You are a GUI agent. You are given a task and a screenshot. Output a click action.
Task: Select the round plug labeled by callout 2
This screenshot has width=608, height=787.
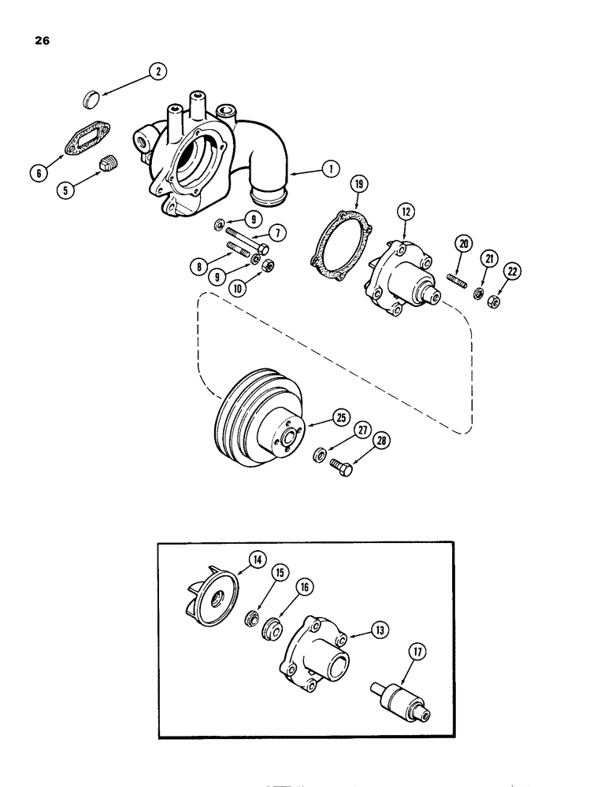click(93, 100)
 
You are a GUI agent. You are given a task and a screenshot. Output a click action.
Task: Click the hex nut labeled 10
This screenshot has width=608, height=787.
click(265, 266)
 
